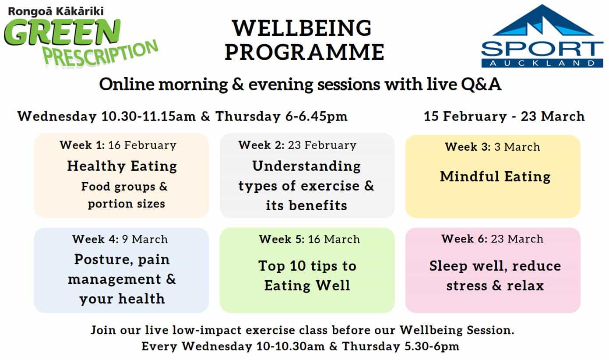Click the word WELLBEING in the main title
(302, 28)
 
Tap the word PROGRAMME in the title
(305, 52)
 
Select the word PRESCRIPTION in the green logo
(101, 53)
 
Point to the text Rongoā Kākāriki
(56, 11)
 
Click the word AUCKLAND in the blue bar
(542, 63)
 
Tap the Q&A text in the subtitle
(481, 84)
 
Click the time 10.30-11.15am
(148, 116)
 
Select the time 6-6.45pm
(317, 116)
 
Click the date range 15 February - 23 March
(504, 116)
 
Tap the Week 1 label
(82, 145)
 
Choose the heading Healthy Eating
(122, 166)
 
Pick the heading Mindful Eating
(495, 176)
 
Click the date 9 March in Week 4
(145, 239)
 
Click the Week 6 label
(465, 239)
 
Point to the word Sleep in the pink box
(448, 266)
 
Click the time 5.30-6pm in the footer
(432, 346)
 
